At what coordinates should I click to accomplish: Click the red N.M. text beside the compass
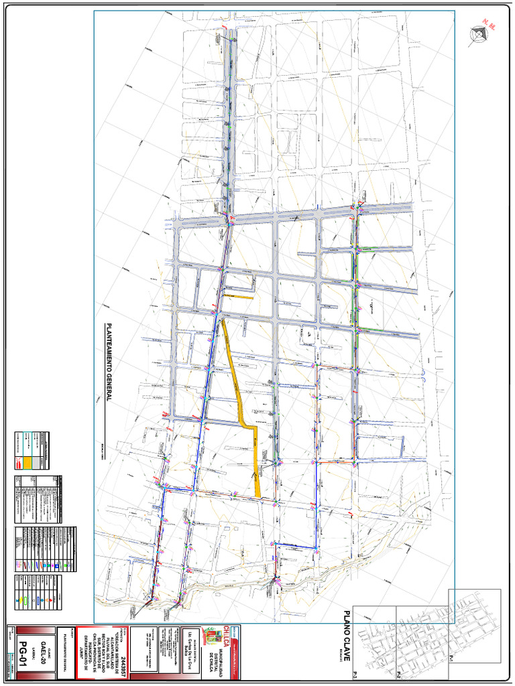[x=493, y=28]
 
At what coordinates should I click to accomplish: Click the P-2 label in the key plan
[x=398, y=672]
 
